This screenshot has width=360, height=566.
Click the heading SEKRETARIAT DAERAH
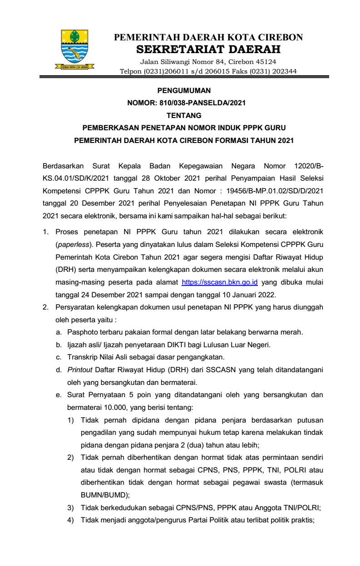pos(208,49)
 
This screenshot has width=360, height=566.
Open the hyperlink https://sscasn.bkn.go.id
pos(220,282)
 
